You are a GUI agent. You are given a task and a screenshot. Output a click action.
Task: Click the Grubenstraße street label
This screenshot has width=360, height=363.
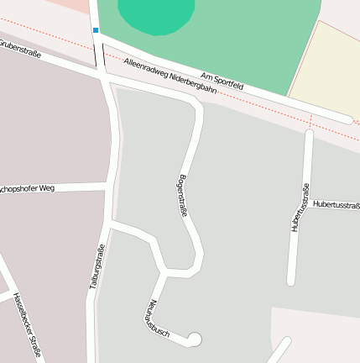[x=20, y=50]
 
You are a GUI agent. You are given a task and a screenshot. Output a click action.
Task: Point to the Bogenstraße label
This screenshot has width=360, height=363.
[x=181, y=197]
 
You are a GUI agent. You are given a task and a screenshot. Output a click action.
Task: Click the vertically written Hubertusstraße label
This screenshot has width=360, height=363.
[x=299, y=208]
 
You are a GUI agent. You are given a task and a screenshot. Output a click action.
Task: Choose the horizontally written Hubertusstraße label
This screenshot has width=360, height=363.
[x=336, y=204]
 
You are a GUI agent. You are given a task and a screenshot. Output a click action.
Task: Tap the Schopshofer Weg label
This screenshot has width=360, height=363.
[x=27, y=188]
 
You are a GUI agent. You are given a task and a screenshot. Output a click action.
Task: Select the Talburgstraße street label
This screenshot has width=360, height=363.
[x=97, y=266]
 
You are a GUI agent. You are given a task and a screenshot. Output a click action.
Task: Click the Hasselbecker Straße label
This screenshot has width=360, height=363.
[x=28, y=324]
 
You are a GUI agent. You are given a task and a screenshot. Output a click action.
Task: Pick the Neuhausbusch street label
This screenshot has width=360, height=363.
[x=157, y=319]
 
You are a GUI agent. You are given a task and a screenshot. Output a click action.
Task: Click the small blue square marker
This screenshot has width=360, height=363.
[x=96, y=30]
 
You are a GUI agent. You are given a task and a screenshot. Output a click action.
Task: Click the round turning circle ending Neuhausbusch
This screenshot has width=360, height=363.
[x=195, y=339]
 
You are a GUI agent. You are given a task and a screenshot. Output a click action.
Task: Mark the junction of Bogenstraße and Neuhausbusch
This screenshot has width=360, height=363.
[x=165, y=271]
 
